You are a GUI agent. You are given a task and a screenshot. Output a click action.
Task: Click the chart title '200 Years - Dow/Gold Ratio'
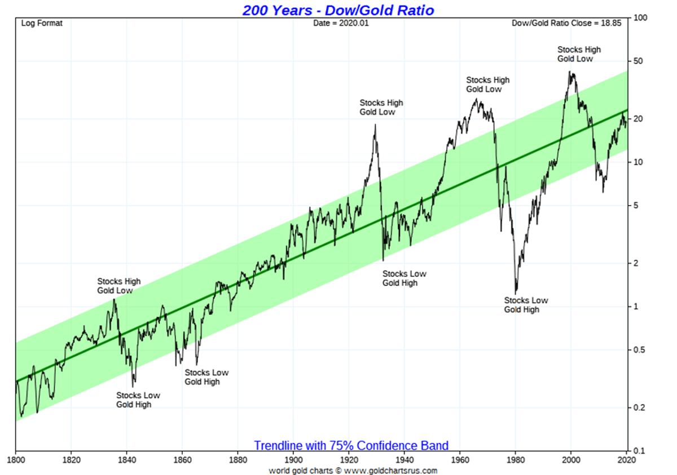338,10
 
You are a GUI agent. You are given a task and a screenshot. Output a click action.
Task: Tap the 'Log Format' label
42,24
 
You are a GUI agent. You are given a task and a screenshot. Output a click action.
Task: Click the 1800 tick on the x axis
16,459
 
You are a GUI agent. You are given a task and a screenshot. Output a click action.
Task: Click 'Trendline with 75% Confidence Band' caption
351,446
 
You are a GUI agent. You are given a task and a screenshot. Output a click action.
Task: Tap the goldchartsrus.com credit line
353,470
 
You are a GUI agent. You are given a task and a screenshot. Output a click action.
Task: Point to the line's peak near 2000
570,72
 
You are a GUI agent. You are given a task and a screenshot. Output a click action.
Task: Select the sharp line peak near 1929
375,125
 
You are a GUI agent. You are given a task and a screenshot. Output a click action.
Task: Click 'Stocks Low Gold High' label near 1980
526,305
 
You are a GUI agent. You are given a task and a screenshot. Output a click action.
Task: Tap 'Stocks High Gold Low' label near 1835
118,286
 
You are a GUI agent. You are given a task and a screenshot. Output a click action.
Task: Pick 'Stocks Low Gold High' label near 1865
206,377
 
